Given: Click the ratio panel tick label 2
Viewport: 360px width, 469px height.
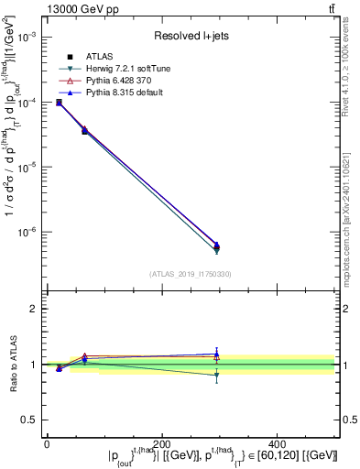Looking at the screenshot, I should pyautogui.click(x=33, y=309).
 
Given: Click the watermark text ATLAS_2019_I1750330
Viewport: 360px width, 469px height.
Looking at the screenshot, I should pyautogui.click(x=191, y=273).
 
